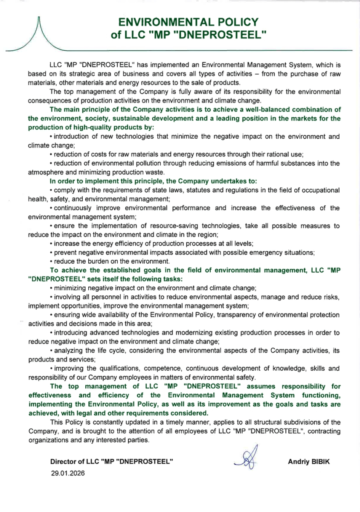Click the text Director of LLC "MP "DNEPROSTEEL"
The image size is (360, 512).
pos(111,461)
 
